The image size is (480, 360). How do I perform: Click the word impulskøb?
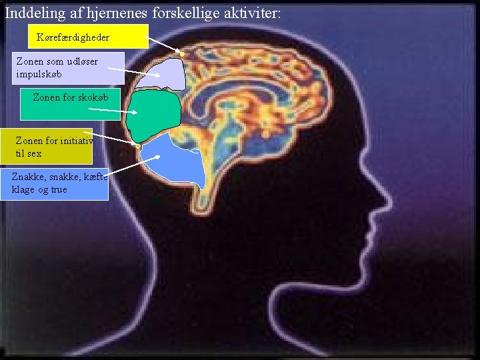[39, 73]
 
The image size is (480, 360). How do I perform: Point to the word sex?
[34, 153]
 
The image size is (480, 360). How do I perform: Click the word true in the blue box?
[59, 189]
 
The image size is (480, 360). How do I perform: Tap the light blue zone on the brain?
[177, 161]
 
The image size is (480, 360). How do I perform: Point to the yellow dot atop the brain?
[181, 53]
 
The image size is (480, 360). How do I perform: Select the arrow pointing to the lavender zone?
[133, 72]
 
